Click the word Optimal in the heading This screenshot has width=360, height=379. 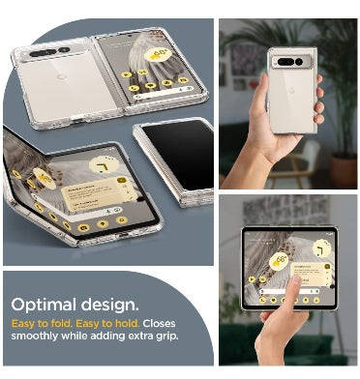click(x=45, y=305)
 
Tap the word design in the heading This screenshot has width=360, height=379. click(x=109, y=304)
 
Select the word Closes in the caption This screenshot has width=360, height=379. click(x=159, y=324)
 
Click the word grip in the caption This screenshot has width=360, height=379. click(x=167, y=336)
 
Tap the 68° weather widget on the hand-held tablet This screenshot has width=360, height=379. click(x=279, y=261)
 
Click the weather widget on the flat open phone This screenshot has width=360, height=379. click(x=158, y=54)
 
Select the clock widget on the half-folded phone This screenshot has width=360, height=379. click(x=104, y=165)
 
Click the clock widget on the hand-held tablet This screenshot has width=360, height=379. click(x=321, y=248)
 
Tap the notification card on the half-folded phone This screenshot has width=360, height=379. click(x=100, y=193)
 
